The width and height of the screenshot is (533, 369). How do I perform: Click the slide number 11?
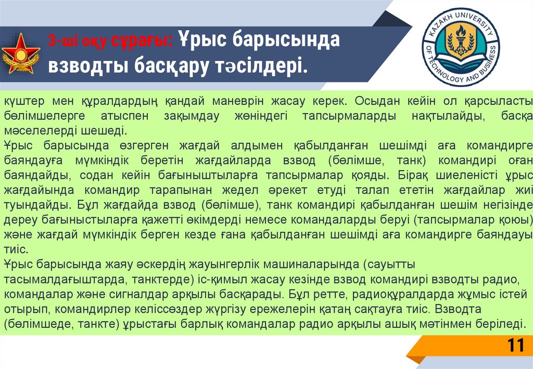click(515, 347)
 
